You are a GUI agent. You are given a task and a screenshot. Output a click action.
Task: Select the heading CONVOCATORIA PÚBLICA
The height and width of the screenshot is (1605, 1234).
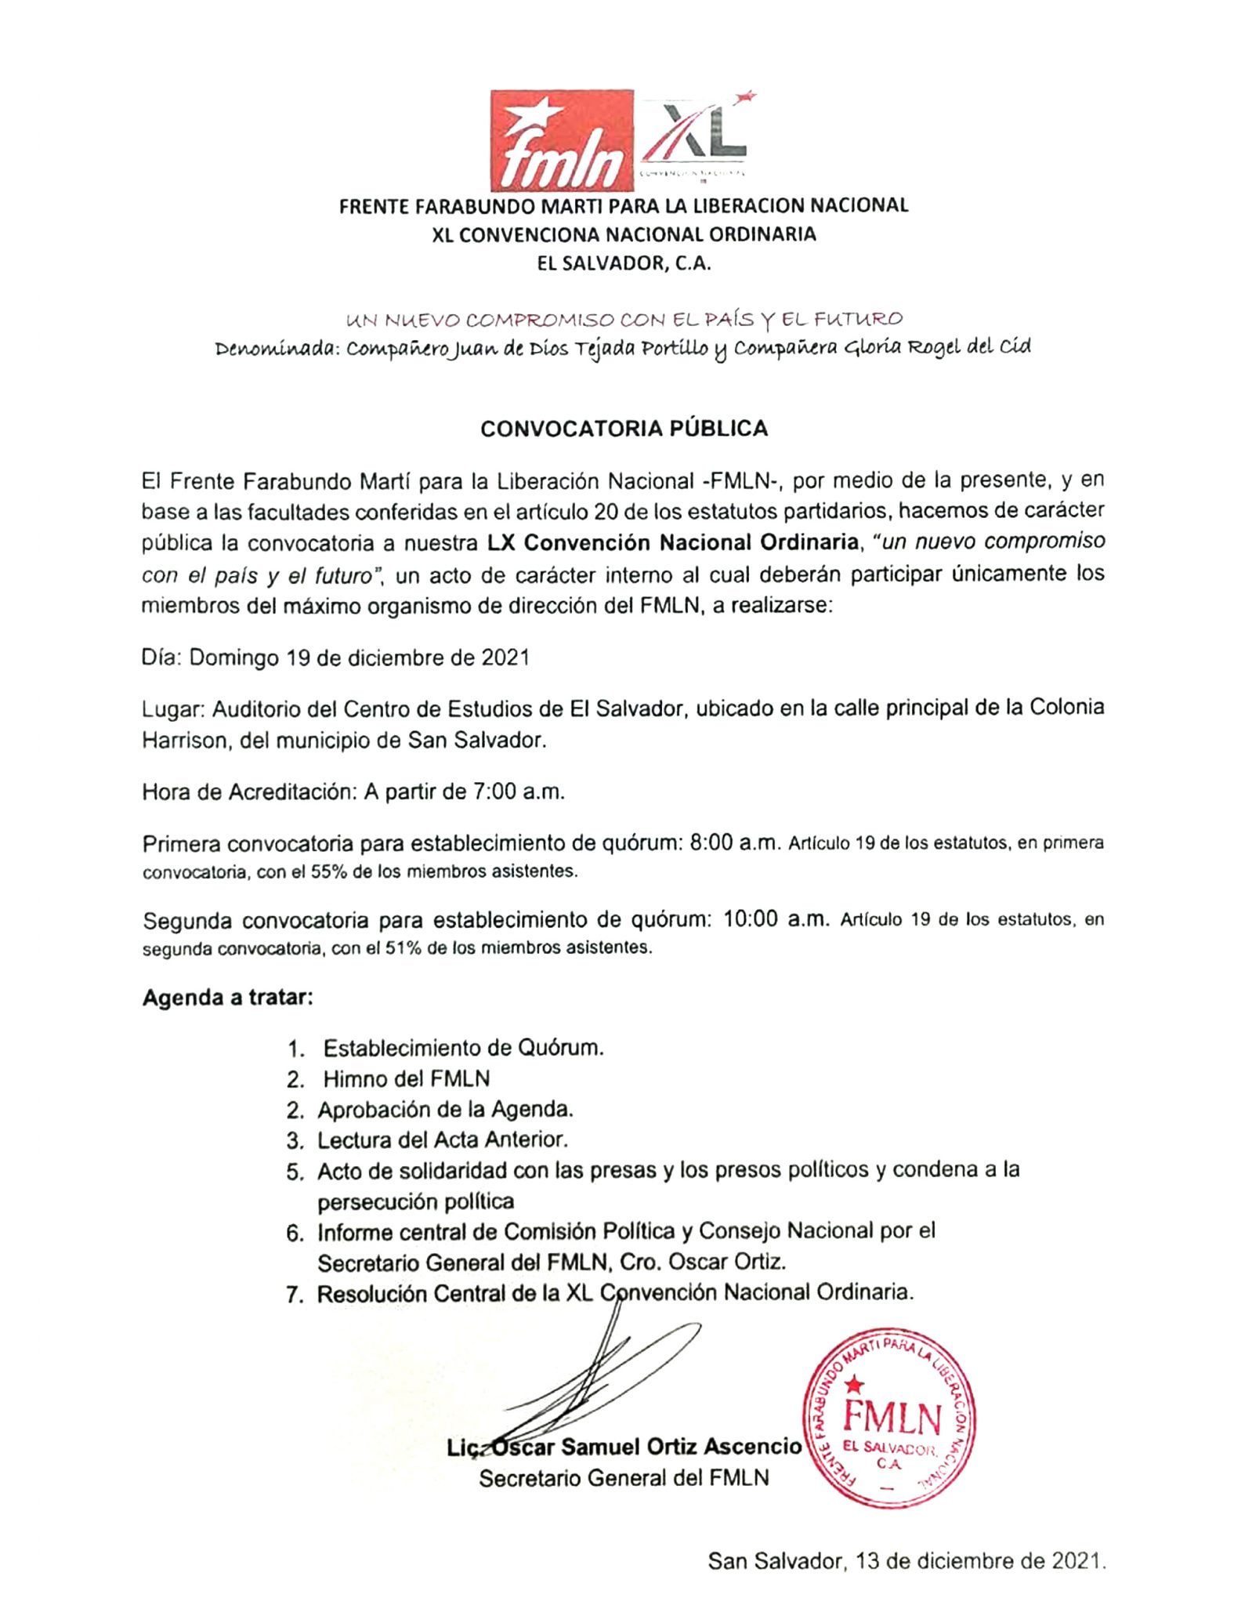click(624, 429)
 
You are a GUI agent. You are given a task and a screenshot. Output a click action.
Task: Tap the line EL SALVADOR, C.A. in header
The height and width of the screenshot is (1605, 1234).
click(624, 263)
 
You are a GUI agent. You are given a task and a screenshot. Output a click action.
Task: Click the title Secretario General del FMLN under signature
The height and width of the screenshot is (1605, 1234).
click(624, 1478)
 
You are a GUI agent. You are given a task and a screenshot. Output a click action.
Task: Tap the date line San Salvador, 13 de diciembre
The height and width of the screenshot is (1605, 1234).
click(907, 1561)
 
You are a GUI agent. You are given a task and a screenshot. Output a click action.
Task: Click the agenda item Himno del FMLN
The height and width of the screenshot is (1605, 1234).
click(406, 1079)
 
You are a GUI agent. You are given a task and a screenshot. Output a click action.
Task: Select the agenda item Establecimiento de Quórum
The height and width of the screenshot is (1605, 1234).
click(463, 1048)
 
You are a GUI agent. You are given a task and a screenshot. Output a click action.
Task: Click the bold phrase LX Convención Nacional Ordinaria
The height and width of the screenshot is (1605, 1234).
click(672, 542)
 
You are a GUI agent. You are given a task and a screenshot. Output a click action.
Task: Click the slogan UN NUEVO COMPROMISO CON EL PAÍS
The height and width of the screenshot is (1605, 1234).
click(624, 320)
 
